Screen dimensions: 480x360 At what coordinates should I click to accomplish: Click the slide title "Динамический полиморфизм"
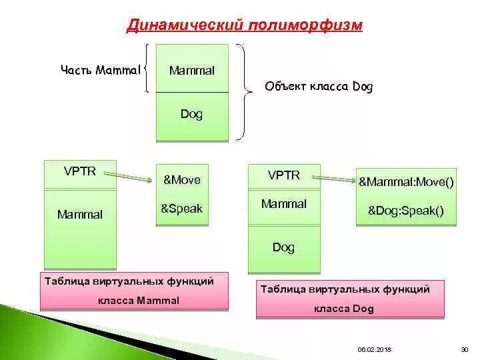tap(245, 25)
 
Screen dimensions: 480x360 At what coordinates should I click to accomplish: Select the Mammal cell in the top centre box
tap(192, 70)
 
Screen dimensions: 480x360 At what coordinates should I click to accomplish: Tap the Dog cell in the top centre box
tap(192, 114)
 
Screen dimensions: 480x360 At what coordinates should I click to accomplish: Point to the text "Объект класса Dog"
tap(319, 87)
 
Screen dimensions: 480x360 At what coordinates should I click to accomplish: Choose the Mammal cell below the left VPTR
tap(80, 215)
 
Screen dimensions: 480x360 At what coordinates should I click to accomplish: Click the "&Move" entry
tap(181, 180)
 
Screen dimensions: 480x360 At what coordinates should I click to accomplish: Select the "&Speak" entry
tap(181, 209)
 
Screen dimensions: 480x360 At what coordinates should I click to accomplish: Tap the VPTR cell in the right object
tap(284, 175)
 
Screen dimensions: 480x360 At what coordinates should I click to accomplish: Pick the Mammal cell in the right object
tap(284, 204)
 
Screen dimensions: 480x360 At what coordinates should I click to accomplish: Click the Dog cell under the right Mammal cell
tap(284, 248)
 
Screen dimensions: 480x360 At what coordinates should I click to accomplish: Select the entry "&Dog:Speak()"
tap(406, 211)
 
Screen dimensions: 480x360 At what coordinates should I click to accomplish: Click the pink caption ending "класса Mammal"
tap(134, 291)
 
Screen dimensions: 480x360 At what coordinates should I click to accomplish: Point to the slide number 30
tap(465, 349)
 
